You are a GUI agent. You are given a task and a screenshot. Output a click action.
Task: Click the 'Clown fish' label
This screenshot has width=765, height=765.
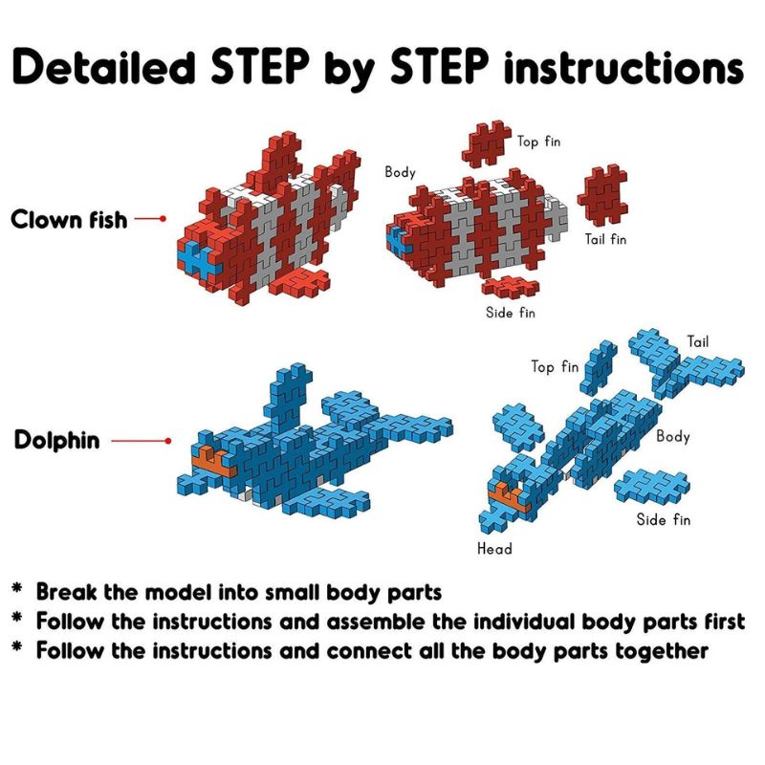[x=69, y=220]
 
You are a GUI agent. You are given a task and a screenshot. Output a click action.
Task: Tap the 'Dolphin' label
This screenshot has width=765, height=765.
[x=56, y=441]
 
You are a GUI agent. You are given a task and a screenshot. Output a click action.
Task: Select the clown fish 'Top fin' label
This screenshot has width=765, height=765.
[x=538, y=142]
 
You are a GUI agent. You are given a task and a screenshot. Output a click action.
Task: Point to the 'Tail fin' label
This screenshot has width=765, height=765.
[x=605, y=239]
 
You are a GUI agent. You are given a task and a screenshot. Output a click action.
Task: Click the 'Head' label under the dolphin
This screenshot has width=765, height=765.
[x=494, y=549]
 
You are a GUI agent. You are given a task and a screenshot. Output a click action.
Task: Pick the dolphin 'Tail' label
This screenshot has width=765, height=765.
[x=698, y=341]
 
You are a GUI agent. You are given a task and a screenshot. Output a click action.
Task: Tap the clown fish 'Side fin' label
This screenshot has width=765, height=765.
[x=511, y=313]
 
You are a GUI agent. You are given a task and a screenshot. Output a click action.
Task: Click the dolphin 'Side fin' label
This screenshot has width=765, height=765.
[x=664, y=519]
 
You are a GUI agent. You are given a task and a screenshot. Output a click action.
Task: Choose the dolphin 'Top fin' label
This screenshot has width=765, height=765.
[x=555, y=366]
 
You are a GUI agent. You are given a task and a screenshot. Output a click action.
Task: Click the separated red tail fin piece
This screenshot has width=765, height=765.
[x=603, y=194]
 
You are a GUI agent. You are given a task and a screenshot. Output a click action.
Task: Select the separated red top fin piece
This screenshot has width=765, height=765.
[x=486, y=143]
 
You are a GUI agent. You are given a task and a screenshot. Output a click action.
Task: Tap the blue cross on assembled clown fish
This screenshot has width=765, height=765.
[x=197, y=261]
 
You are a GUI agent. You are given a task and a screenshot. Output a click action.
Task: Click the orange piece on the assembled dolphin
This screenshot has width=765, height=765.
[x=213, y=461]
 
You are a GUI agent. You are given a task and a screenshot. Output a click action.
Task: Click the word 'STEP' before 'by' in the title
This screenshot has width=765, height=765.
[x=260, y=66]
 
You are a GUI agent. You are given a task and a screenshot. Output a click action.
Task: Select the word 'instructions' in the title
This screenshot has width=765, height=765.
[x=624, y=67]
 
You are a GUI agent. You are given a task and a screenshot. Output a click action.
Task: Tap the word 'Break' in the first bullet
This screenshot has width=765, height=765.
[x=66, y=592]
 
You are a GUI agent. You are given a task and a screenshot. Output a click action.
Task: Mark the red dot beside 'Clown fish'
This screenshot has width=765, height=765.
[x=163, y=219]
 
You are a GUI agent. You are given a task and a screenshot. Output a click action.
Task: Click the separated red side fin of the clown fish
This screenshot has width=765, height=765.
[x=511, y=287]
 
